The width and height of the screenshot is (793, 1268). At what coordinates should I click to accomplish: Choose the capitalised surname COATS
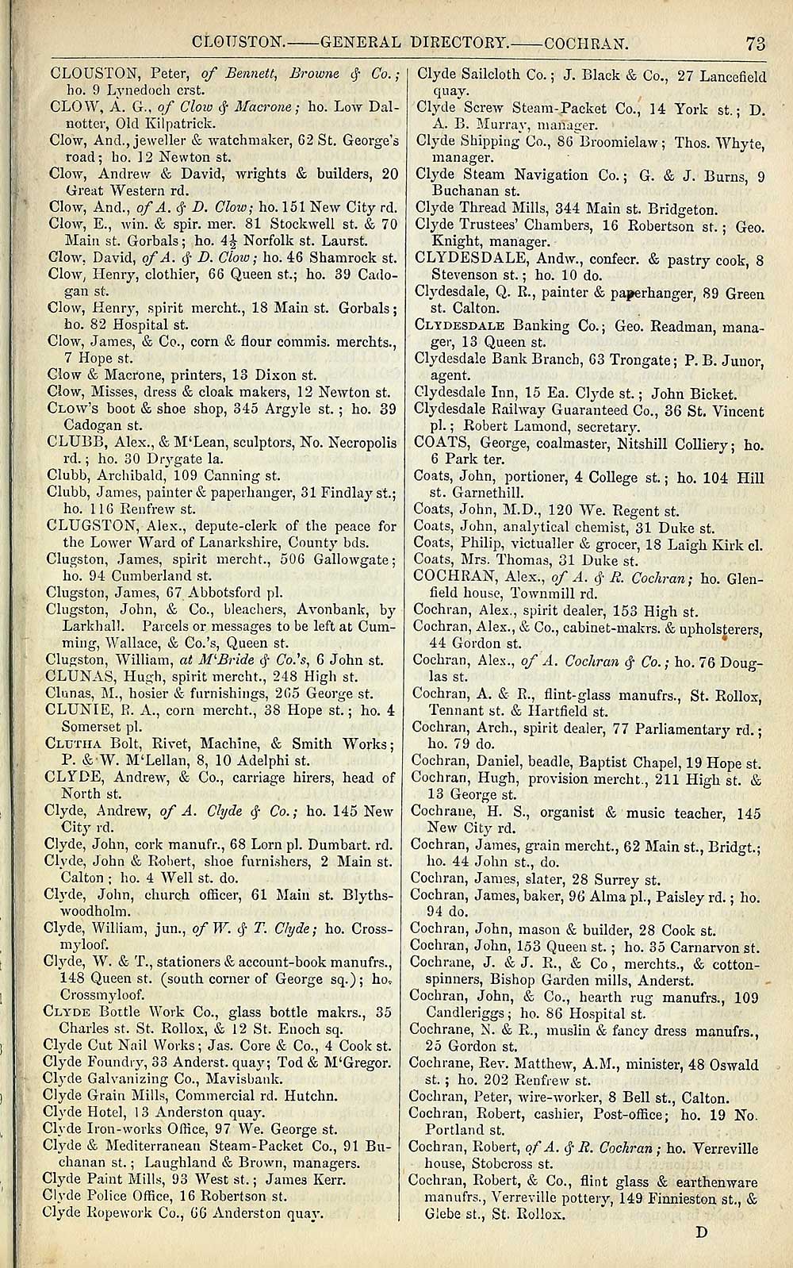click(x=441, y=443)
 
